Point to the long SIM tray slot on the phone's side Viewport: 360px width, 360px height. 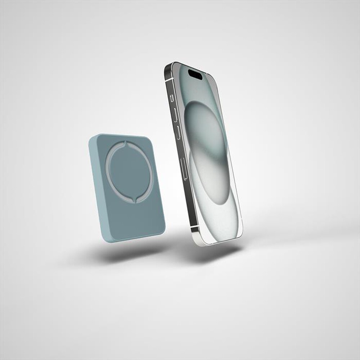[x=184, y=167]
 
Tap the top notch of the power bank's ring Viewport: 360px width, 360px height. [x=125, y=144]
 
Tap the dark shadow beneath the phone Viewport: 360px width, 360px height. [x=212, y=254]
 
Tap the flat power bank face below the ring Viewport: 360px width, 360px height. [x=140, y=220]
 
